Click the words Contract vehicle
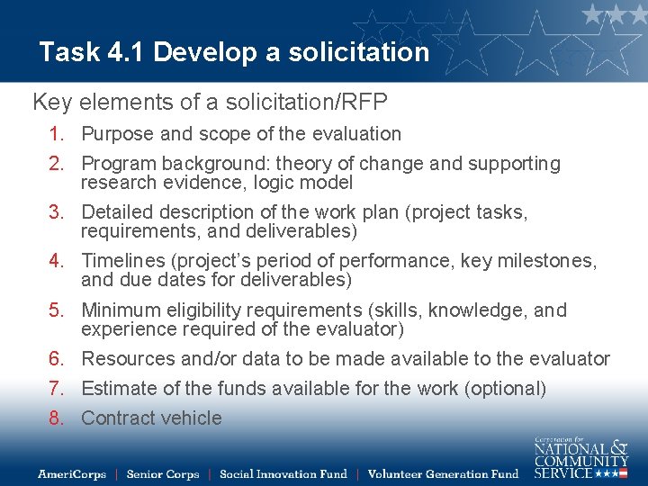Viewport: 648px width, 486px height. tap(151, 418)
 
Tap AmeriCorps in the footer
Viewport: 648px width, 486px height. tap(72, 473)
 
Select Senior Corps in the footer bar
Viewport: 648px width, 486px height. tap(163, 473)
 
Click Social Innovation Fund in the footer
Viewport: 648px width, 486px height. tap(283, 473)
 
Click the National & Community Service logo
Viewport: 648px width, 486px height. tap(580, 458)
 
